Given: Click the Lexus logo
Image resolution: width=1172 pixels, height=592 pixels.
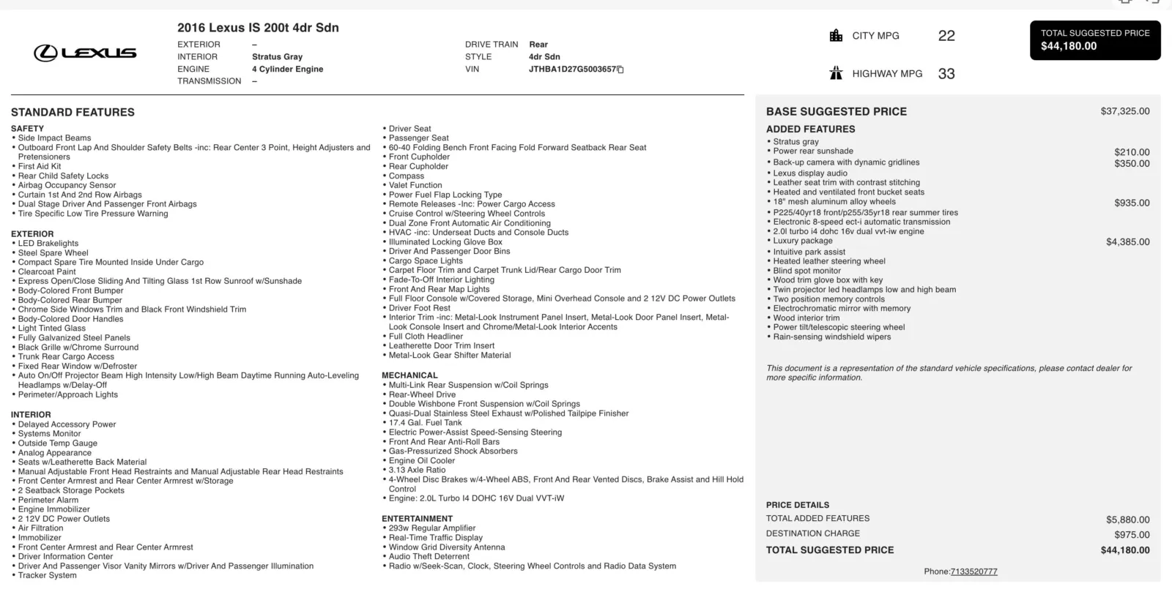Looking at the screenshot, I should tap(85, 53).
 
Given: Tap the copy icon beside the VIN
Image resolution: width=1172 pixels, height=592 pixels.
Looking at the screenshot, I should tap(620, 70).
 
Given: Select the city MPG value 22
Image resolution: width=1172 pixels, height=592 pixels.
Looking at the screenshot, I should tap(946, 36).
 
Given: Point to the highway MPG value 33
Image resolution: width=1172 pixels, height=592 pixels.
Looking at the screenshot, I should tap(946, 74).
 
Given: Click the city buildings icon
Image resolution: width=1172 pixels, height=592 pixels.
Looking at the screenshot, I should tap(836, 36).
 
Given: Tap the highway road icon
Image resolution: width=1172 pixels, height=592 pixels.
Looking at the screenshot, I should tap(836, 73).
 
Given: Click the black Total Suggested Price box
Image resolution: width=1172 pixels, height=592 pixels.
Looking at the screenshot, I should tap(1095, 40).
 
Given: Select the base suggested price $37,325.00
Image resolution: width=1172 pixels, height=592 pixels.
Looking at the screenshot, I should tap(1124, 111).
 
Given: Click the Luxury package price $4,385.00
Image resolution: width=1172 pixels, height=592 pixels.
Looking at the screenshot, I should tap(1127, 241).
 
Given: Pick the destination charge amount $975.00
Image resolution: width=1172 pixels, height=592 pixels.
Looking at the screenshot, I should tap(1132, 534).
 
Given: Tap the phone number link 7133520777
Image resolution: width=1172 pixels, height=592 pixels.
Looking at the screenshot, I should tap(973, 572).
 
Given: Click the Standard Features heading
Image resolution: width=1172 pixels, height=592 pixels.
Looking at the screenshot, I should tap(73, 112).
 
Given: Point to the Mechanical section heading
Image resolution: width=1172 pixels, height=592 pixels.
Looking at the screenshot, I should tap(409, 375).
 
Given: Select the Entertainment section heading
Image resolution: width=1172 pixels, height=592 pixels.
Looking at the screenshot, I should tap(417, 519).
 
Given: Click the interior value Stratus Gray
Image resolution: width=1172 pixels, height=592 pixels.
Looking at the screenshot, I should tap(277, 57).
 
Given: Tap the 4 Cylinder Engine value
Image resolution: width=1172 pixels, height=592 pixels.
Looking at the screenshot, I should tap(287, 70).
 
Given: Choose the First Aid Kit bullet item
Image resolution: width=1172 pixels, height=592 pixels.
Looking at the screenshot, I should tap(40, 166).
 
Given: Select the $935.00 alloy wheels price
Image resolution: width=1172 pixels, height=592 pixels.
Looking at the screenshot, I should tap(1132, 203).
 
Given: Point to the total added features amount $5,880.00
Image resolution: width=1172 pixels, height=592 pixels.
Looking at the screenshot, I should tap(1127, 520).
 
